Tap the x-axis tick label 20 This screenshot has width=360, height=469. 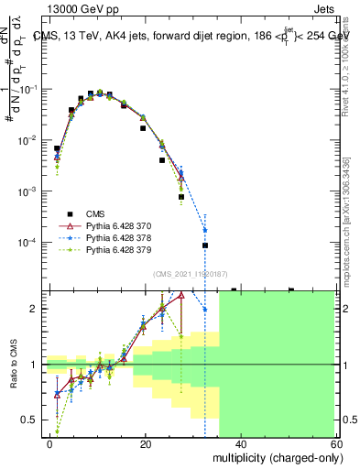146,443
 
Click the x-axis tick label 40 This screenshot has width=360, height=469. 241,443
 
